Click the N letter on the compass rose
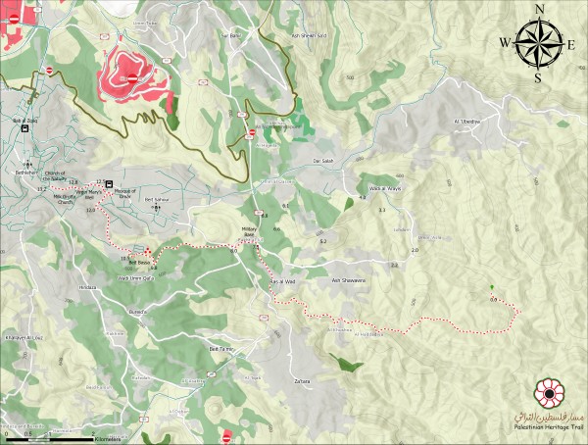[x=539, y=10]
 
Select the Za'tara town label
[x=302, y=381]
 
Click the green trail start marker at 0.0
[x=492, y=287]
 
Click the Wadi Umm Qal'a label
[x=137, y=278]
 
